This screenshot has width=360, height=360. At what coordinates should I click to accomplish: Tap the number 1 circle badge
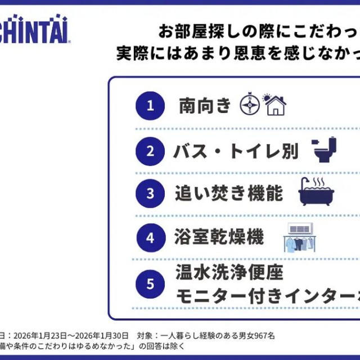[150, 105]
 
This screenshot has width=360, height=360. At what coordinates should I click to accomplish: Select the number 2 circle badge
[150, 151]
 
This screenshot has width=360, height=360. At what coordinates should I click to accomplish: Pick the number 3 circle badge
[150, 193]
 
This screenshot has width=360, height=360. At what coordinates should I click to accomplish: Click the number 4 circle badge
[150, 237]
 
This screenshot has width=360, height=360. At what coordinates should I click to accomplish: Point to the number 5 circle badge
[150, 283]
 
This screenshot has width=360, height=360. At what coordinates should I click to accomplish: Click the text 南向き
[205, 105]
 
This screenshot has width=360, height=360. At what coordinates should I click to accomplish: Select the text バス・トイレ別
[236, 151]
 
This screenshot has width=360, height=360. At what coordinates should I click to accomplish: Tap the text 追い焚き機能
[228, 193]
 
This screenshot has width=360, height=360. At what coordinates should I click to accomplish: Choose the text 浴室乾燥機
[220, 237]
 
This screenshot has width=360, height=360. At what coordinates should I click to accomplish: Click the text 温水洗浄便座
[228, 273]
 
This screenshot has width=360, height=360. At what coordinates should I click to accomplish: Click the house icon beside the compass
[275, 105]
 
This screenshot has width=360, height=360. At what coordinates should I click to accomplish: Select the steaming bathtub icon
[316, 192]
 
